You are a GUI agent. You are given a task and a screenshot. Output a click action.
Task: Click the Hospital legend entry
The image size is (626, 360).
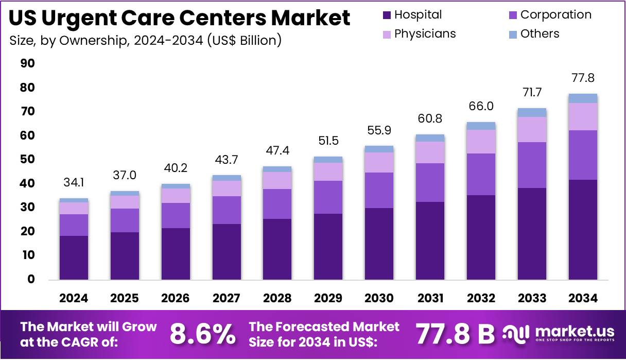(412, 15)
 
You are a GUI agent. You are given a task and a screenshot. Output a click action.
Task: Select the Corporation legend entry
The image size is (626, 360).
(549, 15)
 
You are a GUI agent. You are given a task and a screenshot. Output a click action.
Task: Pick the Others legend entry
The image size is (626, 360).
(533, 34)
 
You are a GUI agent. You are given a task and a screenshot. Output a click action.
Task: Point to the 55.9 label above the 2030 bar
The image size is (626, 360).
(379, 131)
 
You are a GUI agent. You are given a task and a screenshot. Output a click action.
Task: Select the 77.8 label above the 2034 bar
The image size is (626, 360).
(583, 78)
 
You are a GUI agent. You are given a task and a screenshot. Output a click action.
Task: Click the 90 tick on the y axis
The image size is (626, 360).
(27, 64)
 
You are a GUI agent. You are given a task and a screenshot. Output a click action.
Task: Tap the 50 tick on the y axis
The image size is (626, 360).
(27, 160)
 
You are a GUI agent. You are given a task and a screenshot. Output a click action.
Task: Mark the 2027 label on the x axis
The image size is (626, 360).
(227, 298)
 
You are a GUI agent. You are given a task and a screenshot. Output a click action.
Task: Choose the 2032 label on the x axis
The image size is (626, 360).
(481, 298)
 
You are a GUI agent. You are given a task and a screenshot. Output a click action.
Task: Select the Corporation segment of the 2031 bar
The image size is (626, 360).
(430, 182)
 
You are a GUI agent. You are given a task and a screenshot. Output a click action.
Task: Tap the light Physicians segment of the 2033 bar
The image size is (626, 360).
(532, 129)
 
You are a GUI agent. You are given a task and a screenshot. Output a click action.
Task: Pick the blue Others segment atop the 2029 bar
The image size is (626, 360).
(328, 160)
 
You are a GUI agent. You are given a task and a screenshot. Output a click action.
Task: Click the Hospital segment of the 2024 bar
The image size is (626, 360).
(74, 258)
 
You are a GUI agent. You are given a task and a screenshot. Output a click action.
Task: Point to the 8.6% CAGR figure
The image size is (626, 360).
(202, 334)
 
